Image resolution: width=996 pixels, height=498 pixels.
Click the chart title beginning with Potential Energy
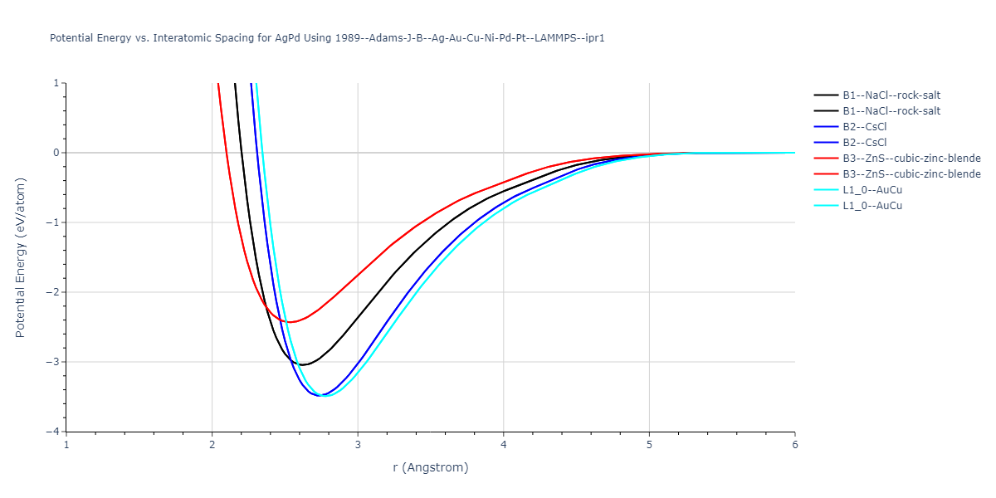click(x=327, y=38)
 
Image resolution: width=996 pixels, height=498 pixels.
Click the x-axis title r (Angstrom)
click(x=431, y=467)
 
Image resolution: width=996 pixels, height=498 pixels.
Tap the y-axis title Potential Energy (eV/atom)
click(x=22, y=256)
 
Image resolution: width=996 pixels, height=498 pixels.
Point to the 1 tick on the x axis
click(x=66, y=445)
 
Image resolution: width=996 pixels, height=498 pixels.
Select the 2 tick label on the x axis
click(x=212, y=445)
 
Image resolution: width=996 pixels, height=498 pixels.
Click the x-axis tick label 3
click(x=358, y=445)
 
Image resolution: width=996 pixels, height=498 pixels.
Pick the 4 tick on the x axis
click(x=504, y=445)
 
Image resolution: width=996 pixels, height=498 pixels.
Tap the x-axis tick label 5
click(x=649, y=445)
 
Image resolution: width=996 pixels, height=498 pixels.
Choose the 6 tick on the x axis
click(x=795, y=445)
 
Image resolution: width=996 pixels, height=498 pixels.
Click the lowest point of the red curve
click(x=290, y=322)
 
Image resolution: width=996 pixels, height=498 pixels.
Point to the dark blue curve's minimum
click(x=320, y=395)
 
